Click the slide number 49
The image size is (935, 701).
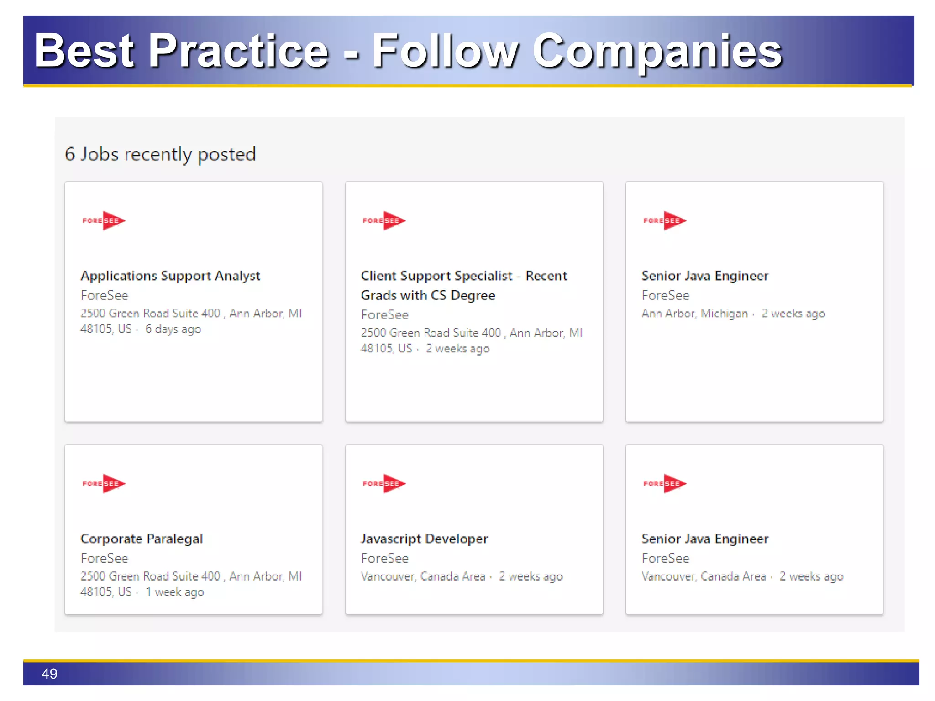[x=49, y=674]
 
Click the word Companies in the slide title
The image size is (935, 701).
[x=657, y=51]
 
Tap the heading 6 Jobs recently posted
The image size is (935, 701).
[x=160, y=154]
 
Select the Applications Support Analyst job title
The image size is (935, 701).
[x=170, y=276]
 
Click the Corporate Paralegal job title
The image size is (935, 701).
[x=142, y=539]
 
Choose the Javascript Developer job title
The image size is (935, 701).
[x=425, y=539]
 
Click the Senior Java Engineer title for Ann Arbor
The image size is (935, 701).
[x=705, y=276]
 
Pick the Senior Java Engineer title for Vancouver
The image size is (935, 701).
[x=705, y=539]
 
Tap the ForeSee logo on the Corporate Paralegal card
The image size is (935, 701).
[x=104, y=483]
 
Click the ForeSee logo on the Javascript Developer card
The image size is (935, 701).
[x=384, y=483]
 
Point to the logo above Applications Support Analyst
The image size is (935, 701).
[x=104, y=220]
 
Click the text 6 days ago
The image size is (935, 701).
[x=173, y=329]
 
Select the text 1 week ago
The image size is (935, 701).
[x=175, y=592]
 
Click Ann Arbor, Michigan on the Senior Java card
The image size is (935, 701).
[x=694, y=314]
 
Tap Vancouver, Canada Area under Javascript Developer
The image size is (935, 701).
[x=423, y=576]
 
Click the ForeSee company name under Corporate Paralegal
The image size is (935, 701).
[x=105, y=558]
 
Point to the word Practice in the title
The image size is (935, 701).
[x=238, y=51]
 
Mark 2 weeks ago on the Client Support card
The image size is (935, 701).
[x=457, y=349]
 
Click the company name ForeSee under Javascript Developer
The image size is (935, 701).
[x=385, y=558]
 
